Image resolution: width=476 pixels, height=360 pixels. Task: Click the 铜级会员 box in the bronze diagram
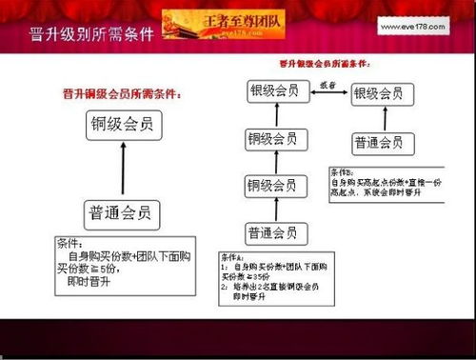point(122,124)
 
